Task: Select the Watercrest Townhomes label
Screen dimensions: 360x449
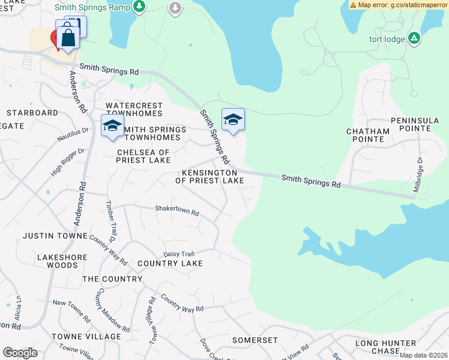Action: pos(134,109)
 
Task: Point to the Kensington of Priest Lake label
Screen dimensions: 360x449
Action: pos(209,176)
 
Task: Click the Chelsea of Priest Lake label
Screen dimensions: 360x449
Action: pos(143,156)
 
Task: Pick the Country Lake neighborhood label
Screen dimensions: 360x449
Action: pos(170,263)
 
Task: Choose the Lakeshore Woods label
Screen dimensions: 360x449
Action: pos(58,261)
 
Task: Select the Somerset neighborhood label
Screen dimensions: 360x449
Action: pos(255,340)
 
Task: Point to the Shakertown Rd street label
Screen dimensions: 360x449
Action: pos(176,211)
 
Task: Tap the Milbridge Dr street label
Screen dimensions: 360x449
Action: pos(418,174)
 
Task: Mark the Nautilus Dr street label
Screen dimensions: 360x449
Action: pos(73,134)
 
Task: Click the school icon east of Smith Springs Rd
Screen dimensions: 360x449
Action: pos(233,119)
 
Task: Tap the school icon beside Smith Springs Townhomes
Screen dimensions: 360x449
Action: pos(112,125)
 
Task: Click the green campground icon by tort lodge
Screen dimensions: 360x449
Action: pos(414,39)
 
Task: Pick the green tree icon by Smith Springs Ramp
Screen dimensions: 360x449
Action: pos(139,7)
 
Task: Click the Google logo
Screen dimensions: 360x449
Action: pos(20,352)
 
